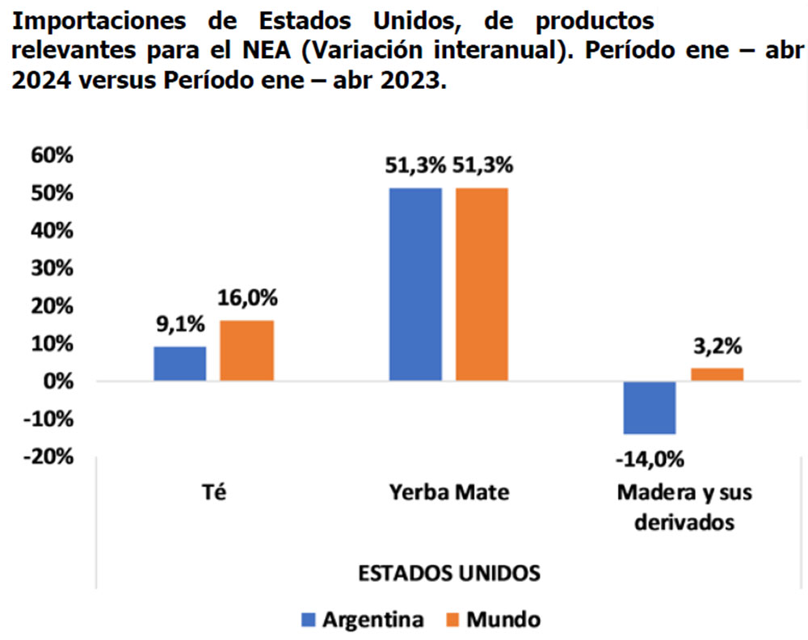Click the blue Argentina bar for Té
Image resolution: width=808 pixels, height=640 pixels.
point(179,364)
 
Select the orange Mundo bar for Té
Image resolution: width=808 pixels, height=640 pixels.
point(246,351)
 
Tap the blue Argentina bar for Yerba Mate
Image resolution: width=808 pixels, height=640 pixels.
point(415,284)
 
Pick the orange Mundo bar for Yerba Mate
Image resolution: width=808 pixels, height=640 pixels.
point(482,284)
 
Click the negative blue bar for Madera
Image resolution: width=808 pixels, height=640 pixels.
point(650,408)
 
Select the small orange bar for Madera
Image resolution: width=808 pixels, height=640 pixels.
point(717,374)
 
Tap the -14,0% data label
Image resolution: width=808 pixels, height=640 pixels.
point(650,461)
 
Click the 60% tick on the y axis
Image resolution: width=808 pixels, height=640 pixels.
point(51,155)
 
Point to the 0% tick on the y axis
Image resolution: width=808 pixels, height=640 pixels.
point(56,381)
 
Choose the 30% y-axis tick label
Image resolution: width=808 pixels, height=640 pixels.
point(51,268)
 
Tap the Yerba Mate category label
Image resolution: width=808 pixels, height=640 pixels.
point(449,491)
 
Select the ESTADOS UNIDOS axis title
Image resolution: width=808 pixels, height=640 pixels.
point(449,573)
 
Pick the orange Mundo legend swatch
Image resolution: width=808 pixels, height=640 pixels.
point(453,620)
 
